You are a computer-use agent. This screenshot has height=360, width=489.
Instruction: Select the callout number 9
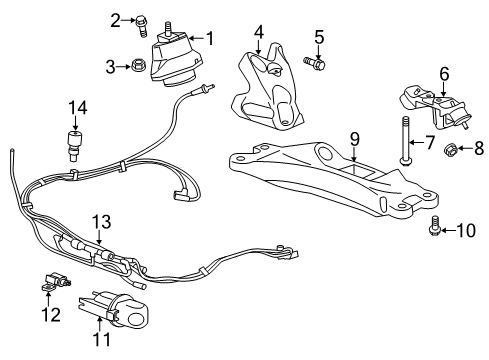coord(352,136)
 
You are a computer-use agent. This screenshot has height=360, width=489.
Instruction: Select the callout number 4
coord(258,32)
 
